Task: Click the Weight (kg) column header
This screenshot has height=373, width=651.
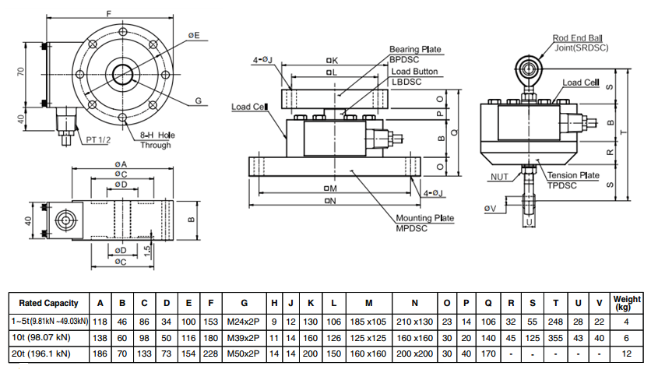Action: [x=626, y=304]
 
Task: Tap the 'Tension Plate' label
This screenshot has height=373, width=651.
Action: [x=573, y=176]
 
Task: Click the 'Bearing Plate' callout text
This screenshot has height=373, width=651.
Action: [x=415, y=50]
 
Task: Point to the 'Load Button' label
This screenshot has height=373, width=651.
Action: [x=414, y=72]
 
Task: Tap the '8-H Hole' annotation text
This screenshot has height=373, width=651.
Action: [x=157, y=135]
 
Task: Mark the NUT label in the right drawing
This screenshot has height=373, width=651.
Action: [x=499, y=177]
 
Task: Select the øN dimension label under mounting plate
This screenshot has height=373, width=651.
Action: [x=330, y=202]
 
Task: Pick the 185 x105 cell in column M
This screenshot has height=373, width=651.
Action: [x=368, y=321]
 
